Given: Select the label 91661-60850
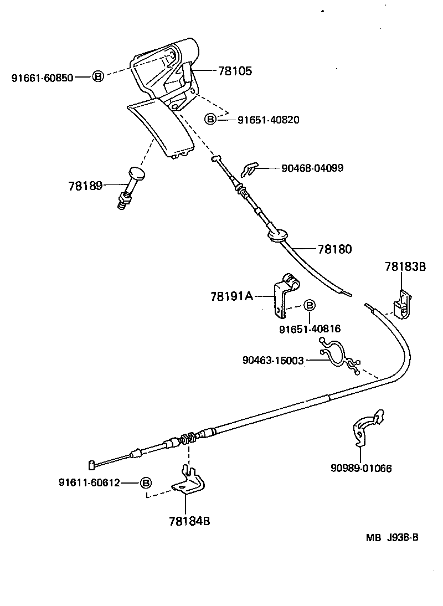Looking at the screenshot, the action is click(42, 78).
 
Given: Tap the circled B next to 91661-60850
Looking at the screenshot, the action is click(97, 77).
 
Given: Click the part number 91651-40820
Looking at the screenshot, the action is click(269, 119).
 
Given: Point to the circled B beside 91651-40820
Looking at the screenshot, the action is click(210, 119).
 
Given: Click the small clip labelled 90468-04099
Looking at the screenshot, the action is click(250, 168).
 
